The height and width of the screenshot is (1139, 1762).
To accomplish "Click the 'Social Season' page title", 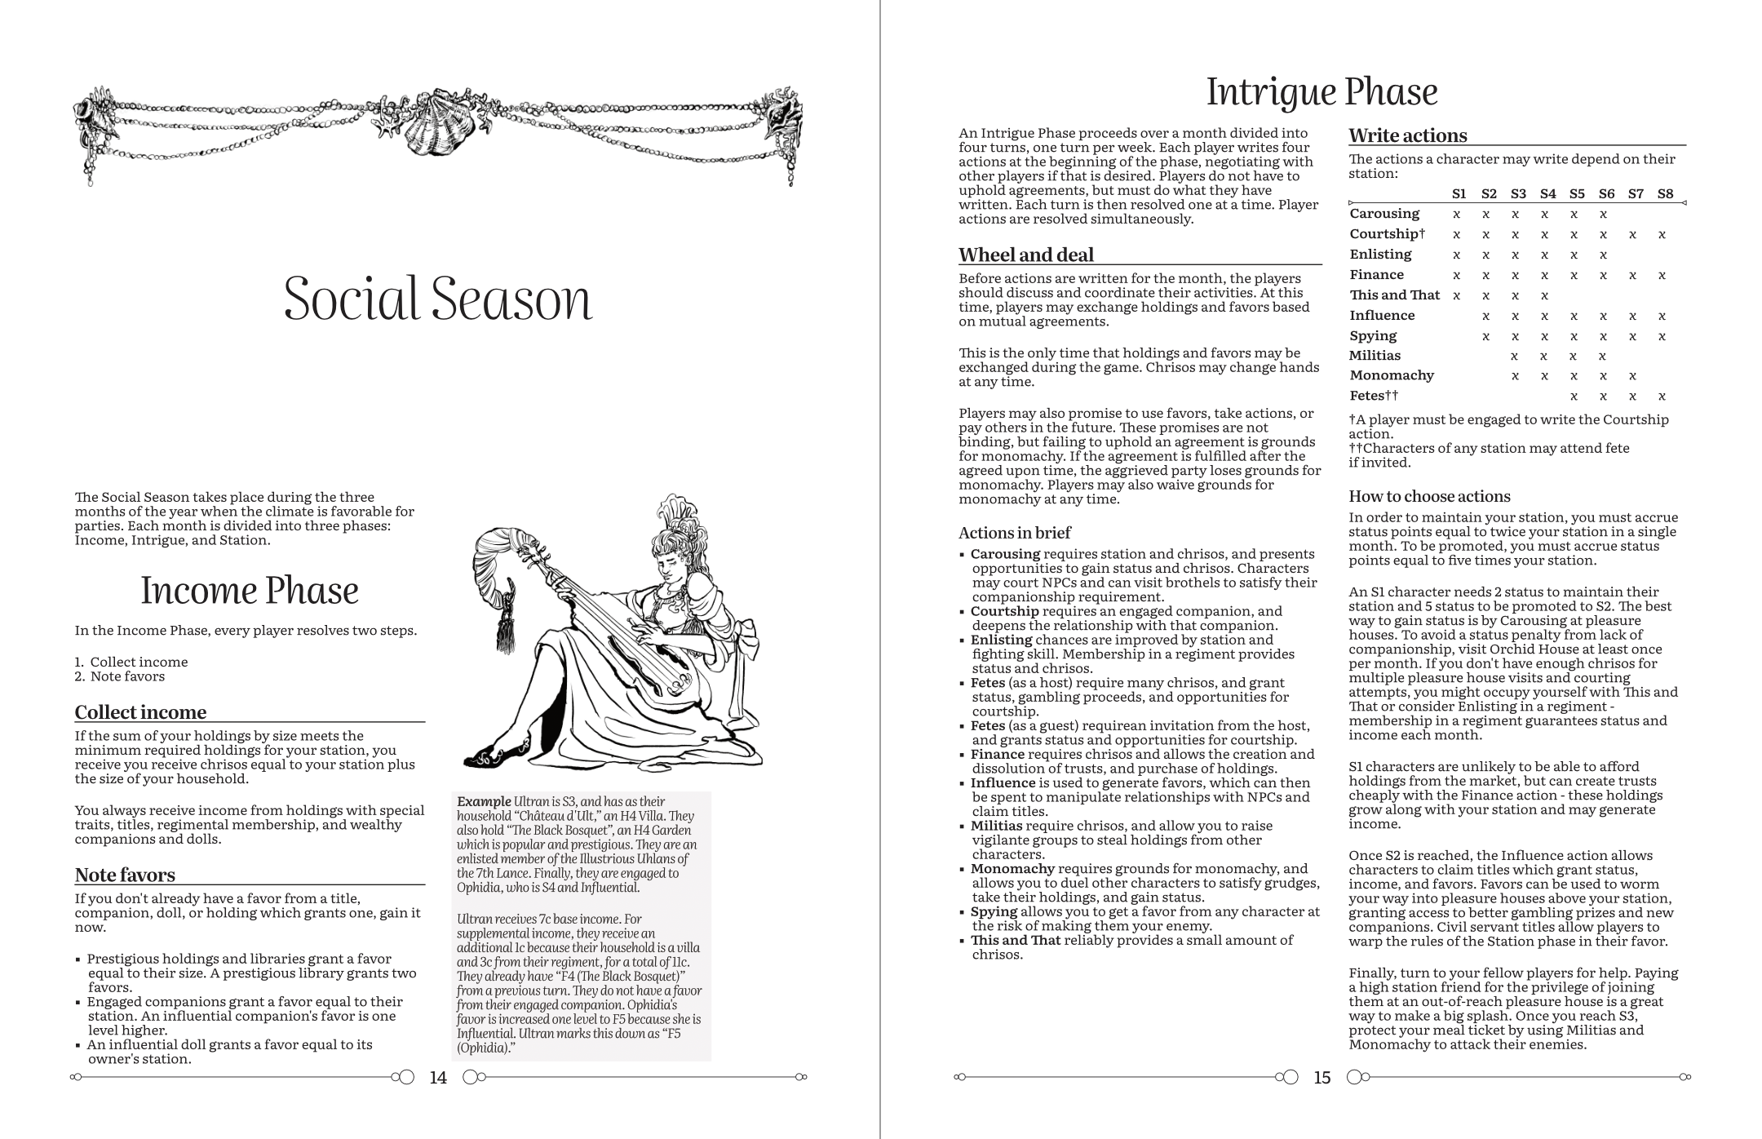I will tap(437, 299).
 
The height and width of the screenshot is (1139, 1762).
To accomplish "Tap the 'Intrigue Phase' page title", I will tap(1321, 91).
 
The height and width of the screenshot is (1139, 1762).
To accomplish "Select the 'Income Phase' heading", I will tap(250, 591).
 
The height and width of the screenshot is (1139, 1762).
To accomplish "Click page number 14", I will tap(438, 1078).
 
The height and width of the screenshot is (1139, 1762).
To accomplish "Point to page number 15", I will tap(1322, 1078).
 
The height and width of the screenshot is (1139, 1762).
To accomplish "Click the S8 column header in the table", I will tap(1665, 193).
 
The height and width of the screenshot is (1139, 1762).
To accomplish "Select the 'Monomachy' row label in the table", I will tap(1392, 375).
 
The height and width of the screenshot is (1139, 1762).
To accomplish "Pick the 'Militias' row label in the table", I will tap(1375, 355).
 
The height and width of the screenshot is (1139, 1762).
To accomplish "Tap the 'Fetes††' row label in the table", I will tap(1374, 396).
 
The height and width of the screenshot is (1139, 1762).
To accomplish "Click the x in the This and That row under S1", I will tap(1457, 295).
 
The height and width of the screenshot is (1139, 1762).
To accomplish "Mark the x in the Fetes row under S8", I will tap(1662, 397).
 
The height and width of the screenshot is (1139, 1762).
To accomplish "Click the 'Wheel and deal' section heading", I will tap(1026, 255).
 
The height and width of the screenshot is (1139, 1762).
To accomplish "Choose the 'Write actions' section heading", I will tap(1408, 135).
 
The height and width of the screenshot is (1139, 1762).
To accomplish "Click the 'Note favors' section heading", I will tap(125, 875).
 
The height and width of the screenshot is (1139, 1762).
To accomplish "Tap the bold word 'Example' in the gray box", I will tap(484, 801).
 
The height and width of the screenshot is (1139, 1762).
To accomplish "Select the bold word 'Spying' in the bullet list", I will tap(994, 911).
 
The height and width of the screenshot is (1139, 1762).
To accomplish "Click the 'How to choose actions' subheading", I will tap(1429, 496).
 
